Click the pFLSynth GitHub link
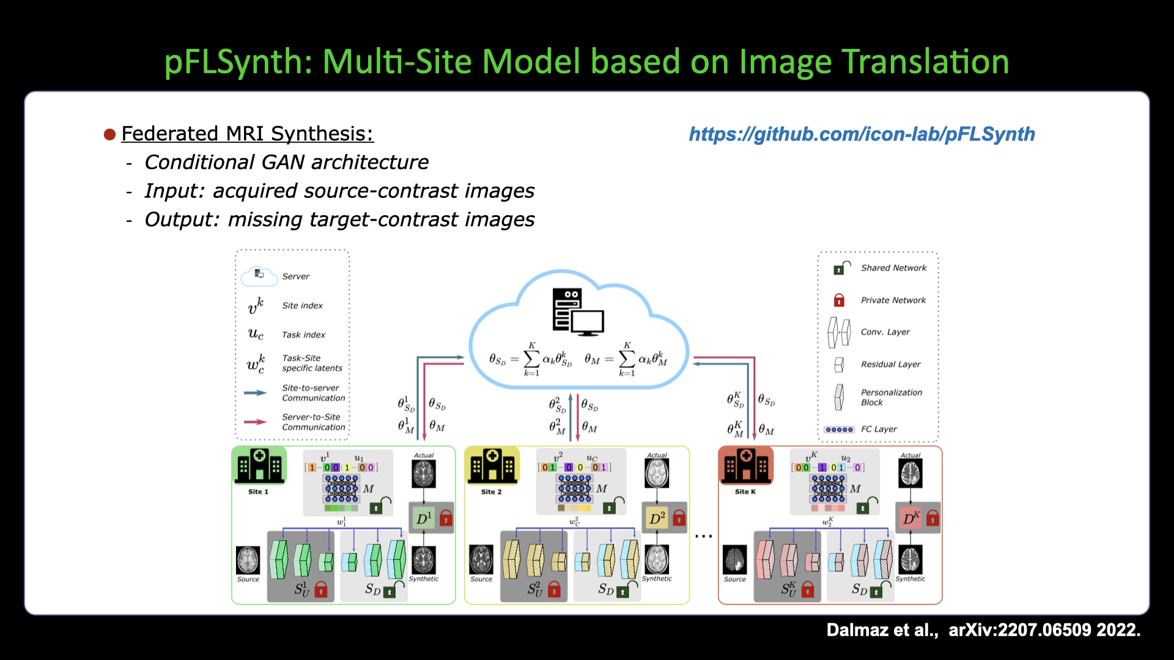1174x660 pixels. click(x=862, y=134)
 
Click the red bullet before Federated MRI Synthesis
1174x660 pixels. click(x=110, y=134)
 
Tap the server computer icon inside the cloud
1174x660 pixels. click(x=577, y=312)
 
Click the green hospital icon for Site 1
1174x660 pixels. click(x=259, y=466)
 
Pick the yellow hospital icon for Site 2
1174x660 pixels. click(x=492, y=466)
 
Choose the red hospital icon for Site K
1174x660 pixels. click(x=746, y=466)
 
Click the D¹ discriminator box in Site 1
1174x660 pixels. click(x=424, y=519)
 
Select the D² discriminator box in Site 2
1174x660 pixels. click(x=657, y=519)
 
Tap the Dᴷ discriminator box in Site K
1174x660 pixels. click(x=911, y=519)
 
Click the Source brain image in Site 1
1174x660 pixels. click(x=248, y=560)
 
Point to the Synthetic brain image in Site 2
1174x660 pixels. click(x=657, y=559)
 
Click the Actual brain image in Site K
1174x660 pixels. click(x=910, y=474)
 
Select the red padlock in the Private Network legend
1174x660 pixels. click(x=839, y=300)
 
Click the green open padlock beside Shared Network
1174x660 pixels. click(x=841, y=268)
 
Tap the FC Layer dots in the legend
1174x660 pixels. click(x=839, y=430)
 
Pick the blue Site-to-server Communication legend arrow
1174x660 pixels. click(x=255, y=393)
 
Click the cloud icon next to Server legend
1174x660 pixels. click(x=259, y=276)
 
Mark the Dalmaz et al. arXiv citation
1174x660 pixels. click(x=983, y=630)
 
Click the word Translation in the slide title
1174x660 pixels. click(x=925, y=62)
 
